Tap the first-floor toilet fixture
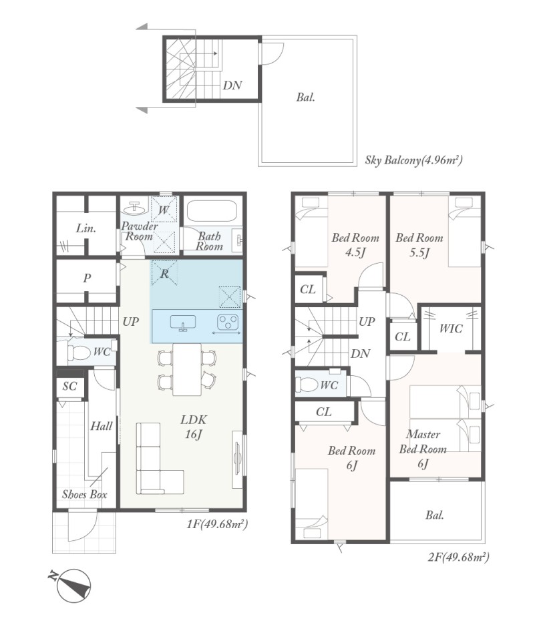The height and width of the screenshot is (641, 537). pyautogui.click(x=79, y=353)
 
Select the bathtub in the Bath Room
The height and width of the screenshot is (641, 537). pyautogui.click(x=212, y=210)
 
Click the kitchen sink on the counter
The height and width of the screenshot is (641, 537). pyautogui.click(x=183, y=322)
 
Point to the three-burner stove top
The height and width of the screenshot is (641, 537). pyautogui.click(x=227, y=322)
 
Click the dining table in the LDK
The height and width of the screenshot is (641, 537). pyautogui.click(x=187, y=369)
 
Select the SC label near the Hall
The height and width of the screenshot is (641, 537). pyautogui.click(x=69, y=386)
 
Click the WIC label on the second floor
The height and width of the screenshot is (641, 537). pyautogui.click(x=451, y=329)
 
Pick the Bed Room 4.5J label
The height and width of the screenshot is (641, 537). pyautogui.click(x=355, y=244)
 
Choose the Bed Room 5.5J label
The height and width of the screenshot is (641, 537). pyautogui.click(x=419, y=244)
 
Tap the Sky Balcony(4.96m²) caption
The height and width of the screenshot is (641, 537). pyautogui.click(x=414, y=160)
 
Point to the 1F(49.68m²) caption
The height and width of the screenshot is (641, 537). pyautogui.click(x=217, y=523)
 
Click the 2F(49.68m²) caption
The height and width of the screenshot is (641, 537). pyautogui.click(x=458, y=556)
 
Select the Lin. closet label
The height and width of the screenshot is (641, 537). pyautogui.click(x=86, y=228)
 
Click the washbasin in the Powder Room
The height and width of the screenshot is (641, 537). pyautogui.click(x=135, y=208)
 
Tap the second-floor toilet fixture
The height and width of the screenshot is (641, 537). pyautogui.click(x=307, y=385)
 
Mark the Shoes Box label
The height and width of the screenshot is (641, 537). pyautogui.click(x=84, y=494)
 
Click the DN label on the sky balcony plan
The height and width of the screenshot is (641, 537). pyautogui.click(x=232, y=85)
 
